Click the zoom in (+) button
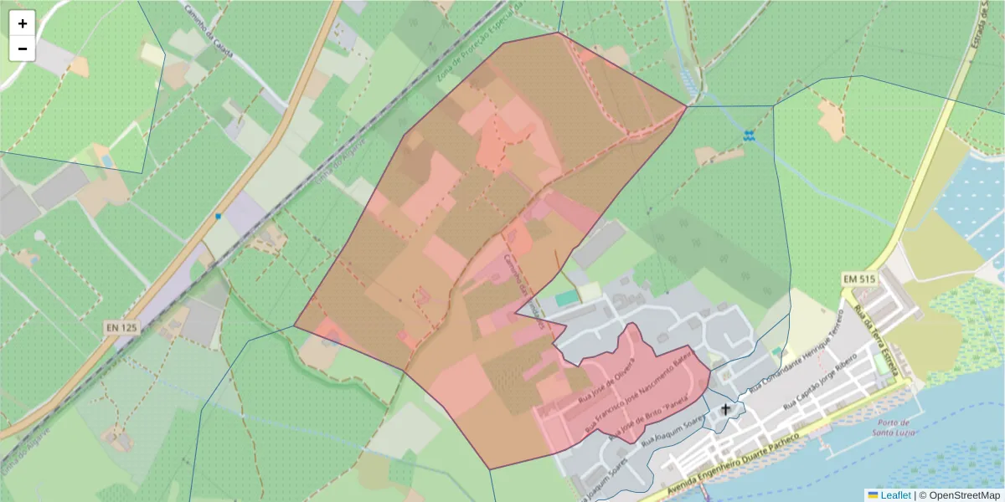23,23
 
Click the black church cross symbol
726,410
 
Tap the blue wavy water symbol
749,134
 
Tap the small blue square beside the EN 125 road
219,217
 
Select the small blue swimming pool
106,159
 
